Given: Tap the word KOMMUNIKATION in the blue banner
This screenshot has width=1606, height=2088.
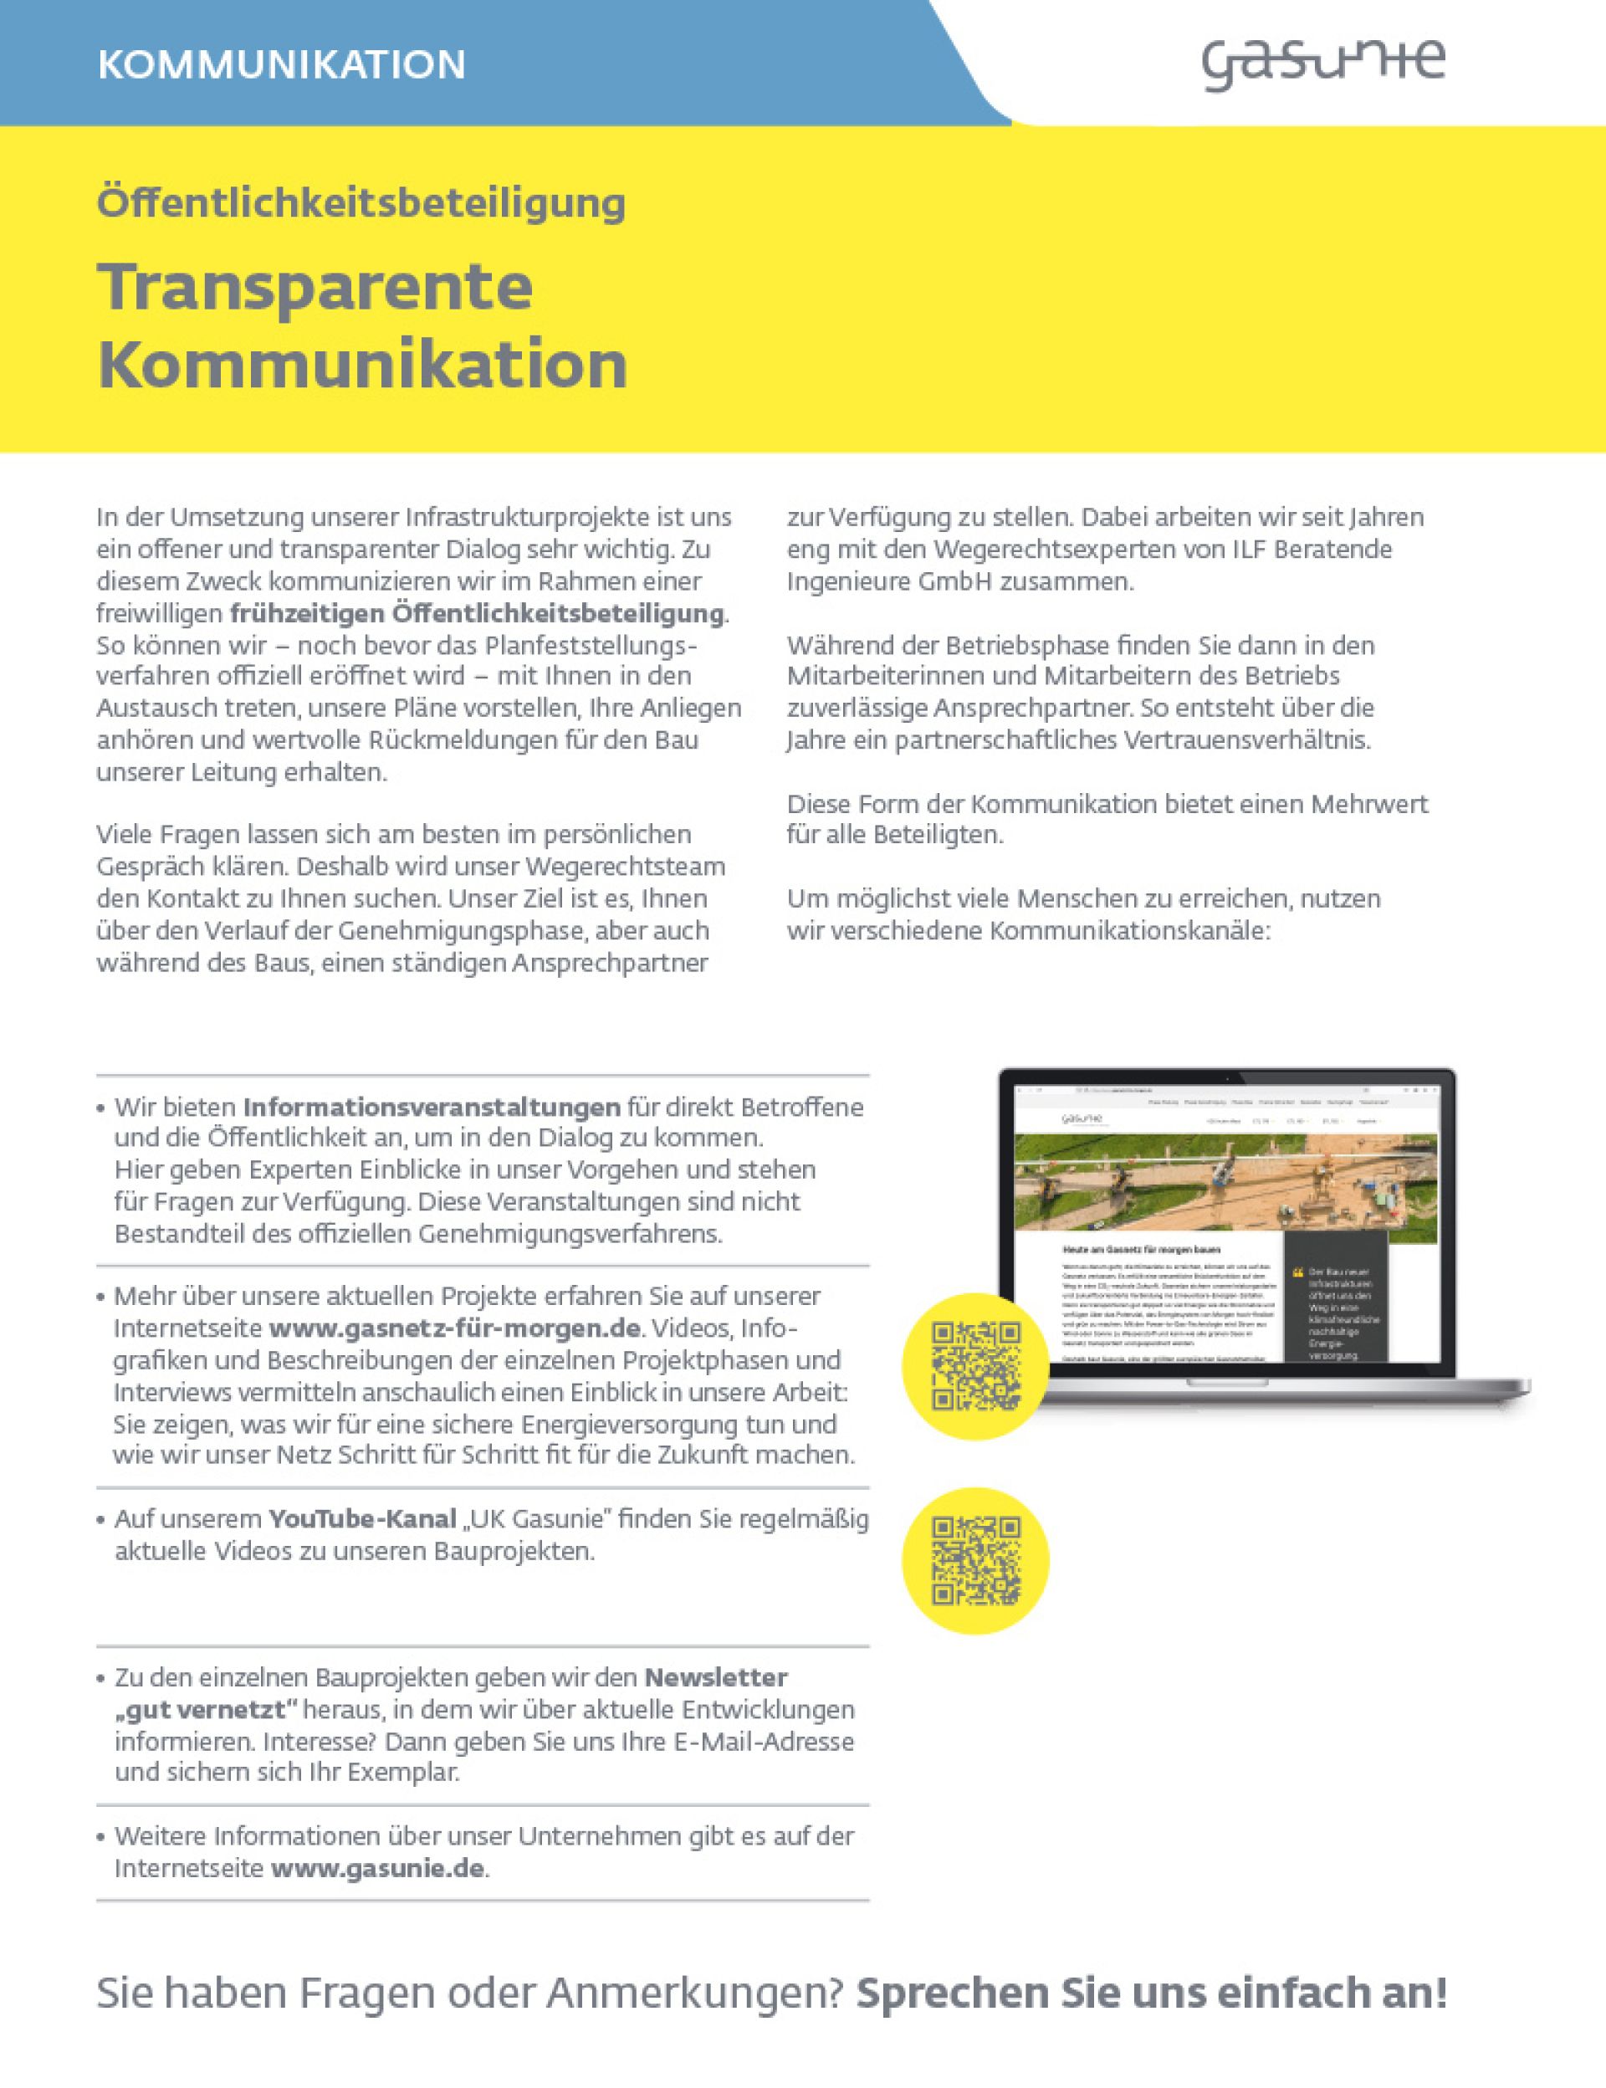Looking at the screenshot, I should (281, 65).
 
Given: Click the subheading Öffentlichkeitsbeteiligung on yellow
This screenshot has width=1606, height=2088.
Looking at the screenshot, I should (361, 202).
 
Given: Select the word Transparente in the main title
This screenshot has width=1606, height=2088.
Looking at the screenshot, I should (315, 286).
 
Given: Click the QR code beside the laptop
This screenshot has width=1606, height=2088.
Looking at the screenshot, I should (976, 1366).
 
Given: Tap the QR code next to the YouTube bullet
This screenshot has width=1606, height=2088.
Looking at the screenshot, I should (976, 1560).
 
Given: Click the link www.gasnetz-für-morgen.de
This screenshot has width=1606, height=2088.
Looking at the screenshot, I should (454, 1329).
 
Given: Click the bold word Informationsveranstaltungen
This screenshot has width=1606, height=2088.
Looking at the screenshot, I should (432, 1107).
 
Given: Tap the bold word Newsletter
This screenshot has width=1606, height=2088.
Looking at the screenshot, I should (716, 1678).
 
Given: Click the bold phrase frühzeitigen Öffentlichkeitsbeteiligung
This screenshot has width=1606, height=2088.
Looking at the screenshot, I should (477, 613).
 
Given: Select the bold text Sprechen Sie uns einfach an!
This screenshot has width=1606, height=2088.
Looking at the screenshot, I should (1151, 1993).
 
